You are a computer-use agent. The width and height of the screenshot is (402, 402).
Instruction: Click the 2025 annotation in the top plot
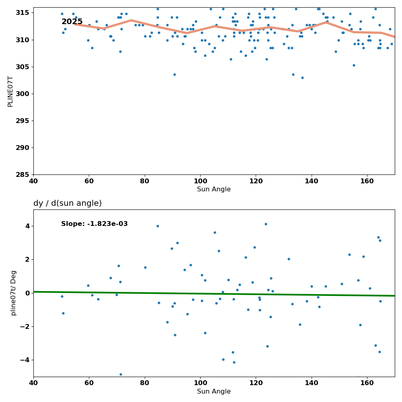pos(72,22)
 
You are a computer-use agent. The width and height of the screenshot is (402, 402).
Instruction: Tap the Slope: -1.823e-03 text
pos(94,224)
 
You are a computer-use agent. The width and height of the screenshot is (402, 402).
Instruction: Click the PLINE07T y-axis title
pos(10,91)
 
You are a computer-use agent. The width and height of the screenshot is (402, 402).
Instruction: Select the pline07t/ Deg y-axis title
pos(13,293)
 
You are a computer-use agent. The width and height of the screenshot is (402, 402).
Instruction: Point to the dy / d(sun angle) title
pos(68,203)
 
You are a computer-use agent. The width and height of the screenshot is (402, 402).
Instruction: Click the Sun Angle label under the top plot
pos(214,189)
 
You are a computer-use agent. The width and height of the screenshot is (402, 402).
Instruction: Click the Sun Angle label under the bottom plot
pos(214,392)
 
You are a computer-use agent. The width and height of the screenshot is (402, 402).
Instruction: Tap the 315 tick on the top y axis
pos(23,12)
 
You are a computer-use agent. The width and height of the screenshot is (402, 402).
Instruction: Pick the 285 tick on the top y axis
pos(23,174)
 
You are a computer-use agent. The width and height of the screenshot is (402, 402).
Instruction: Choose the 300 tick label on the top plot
pos(23,94)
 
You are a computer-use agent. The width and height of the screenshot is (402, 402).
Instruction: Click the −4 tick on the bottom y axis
pos(25,360)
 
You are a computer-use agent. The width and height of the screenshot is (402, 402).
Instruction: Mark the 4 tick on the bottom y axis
pos(27,226)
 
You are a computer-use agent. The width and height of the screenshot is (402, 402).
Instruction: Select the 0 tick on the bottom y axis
pos(27,293)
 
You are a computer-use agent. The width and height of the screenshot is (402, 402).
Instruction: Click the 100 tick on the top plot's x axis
pos(201,181)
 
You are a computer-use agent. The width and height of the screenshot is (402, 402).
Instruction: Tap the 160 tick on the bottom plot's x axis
pos(367,383)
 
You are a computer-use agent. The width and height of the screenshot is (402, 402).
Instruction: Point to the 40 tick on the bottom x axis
pos(33,383)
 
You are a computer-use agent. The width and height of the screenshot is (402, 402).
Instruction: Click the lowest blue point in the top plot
pos(302,78)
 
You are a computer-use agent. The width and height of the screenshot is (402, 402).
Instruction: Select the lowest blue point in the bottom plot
pos(121,375)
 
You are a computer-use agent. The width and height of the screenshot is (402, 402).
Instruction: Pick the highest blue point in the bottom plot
pos(266,224)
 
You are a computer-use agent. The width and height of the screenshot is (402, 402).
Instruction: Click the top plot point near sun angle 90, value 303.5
pos(174,75)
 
